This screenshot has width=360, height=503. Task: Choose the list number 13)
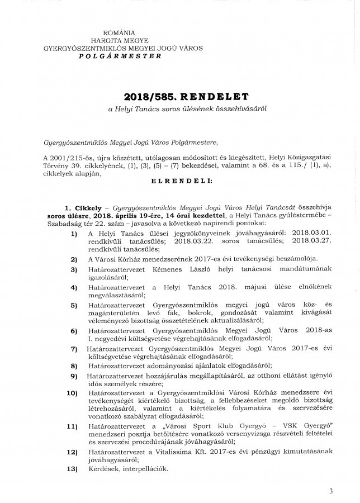tap(72, 468)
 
